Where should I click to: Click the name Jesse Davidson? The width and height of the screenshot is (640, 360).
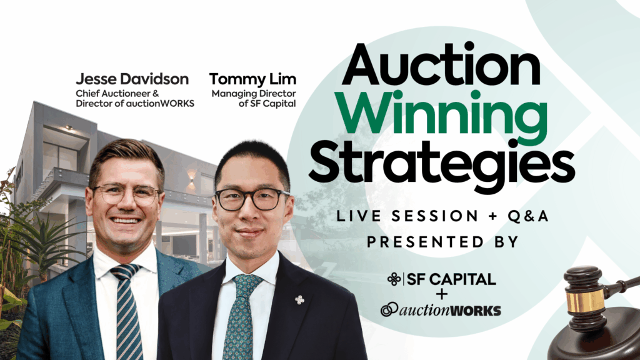tap(132, 79)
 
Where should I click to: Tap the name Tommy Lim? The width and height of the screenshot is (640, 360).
tap(252, 79)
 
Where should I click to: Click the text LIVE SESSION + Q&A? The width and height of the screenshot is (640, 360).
tap(442, 216)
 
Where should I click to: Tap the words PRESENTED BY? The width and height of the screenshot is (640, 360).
tap(442, 242)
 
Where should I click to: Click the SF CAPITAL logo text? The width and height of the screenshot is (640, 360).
tap(442, 279)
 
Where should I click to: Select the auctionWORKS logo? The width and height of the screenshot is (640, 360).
tap(441, 310)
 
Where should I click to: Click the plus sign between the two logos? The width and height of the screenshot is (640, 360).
tap(442, 294)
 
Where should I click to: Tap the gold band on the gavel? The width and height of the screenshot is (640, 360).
tap(585, 300)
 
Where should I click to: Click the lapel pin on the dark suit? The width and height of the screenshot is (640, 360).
tap(299, 300)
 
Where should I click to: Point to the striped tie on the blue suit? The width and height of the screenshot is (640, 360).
tap(127, 310)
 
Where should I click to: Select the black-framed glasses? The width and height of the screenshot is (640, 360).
tap(251, 199)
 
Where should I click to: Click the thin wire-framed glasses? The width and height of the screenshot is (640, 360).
tap(126, 195)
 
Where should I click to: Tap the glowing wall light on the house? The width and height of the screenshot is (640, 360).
tap(191, 179)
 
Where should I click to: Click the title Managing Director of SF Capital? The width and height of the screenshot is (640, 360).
tap(254, 99)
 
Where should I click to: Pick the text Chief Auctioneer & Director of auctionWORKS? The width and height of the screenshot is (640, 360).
tap(135, 98)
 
